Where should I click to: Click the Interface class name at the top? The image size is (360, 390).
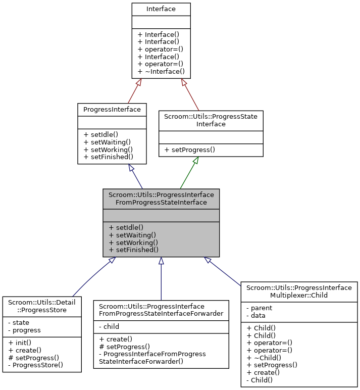[x=161, y=9]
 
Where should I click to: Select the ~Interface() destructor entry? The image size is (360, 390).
[x=161, y=72]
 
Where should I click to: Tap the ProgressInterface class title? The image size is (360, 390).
[x=112, y=109]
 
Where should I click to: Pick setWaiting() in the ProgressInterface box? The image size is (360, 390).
[x=107, y=142]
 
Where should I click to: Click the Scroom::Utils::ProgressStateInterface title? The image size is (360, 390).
[x=211, y=120]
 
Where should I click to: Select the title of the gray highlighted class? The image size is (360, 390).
[x=161, y=199]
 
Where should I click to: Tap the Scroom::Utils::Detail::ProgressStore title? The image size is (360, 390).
[x=42, y=306]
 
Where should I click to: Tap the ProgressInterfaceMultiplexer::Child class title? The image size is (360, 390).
[x=299, y=291]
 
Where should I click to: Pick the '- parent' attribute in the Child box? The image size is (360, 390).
[x=259, y=308]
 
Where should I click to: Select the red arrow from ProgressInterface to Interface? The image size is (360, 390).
[x=134, y=91]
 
